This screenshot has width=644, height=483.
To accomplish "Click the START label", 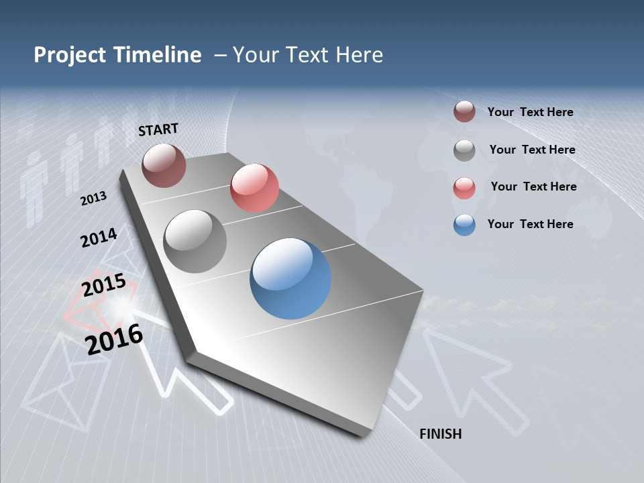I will [158, 129].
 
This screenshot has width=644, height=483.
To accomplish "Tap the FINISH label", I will [440, 434].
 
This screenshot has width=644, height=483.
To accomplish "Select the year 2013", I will [94, 199].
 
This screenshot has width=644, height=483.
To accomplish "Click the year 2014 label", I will [99, 237].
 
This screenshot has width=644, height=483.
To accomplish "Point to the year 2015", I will [104, 285].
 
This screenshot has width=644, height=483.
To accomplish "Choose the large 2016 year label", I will [115, 339].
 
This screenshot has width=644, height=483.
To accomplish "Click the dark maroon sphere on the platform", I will [164, 165].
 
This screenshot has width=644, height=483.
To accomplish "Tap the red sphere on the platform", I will [254, 188].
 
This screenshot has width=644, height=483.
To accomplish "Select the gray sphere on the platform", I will [195, 241].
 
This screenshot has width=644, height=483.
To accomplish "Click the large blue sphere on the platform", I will [290, 278].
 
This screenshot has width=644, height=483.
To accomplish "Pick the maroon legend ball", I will [464, 112].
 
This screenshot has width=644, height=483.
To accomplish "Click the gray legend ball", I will [464, 150].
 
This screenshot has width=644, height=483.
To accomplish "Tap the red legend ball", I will [464, 188].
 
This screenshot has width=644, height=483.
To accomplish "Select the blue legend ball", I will [464, 225].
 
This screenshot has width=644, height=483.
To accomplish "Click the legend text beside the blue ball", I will [530, 224].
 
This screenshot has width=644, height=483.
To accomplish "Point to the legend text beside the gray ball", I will [532, 150].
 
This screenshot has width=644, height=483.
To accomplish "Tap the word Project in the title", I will [70, 55].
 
